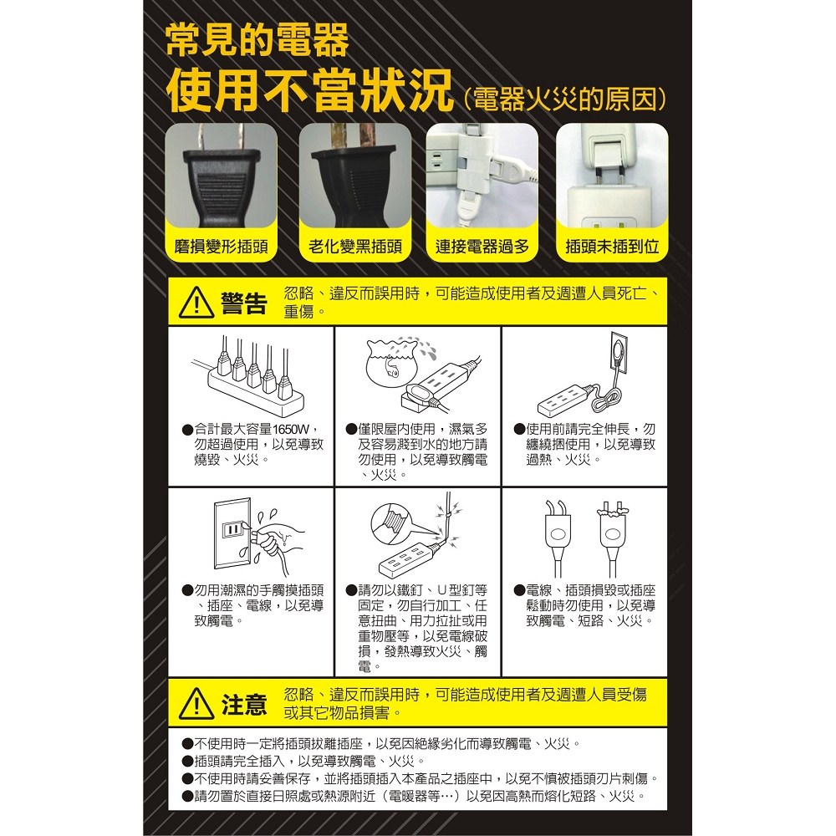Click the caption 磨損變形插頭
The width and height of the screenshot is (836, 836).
pos(221,247)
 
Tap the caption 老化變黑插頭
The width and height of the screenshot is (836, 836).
pos(355,247)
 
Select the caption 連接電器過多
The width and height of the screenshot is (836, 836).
pos(482,247)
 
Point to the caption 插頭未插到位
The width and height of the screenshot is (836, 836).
pos(612,247)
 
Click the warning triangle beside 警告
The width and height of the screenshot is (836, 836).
pos(196,303)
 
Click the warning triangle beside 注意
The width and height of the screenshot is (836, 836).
pos(196,704)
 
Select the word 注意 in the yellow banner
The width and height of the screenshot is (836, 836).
pos(243,705)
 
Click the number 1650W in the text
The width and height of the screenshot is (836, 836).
pos(291,430)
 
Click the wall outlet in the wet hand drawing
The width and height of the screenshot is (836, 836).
pos(232,533)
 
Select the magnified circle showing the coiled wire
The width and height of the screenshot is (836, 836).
pos(392,521)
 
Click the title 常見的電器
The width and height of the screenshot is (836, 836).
pos(257,40)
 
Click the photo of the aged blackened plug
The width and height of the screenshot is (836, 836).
pos(355,176)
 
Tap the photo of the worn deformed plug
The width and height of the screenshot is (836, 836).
pos(221,176)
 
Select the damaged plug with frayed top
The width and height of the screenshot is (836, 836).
pos(613,538)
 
